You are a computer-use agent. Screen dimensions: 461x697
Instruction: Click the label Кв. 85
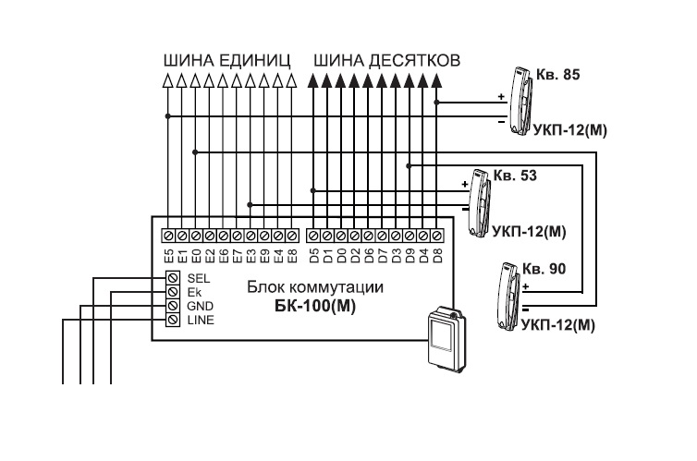click(558, 73)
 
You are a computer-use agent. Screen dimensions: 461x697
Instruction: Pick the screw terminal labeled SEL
click(172, 277)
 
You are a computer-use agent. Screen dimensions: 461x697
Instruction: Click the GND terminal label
click(200, 306)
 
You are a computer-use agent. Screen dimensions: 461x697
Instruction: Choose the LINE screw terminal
click(172, 320)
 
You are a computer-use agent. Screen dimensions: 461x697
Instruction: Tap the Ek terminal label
click(194, 292)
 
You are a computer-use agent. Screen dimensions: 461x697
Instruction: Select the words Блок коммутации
click(315, 287)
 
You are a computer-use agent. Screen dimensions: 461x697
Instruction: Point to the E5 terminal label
click(169, 252)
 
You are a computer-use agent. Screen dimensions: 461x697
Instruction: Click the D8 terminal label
click(436, 252)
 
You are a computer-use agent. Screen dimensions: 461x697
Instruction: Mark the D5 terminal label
click(313, 252)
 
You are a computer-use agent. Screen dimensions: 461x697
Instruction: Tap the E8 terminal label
click(291, 252)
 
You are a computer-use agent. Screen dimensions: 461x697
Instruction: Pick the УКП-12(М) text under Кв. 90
click(557, 325)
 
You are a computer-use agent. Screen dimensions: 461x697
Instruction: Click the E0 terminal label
click(196, 252)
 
